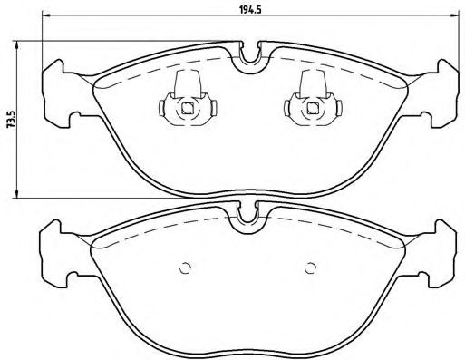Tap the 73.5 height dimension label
click(x=9, y=119)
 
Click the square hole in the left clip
click(x=187, y=109)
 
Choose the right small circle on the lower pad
click(x=310, y=268)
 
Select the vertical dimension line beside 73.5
click(x=20, y=119)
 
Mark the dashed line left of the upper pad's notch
click(x=163, y=65)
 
